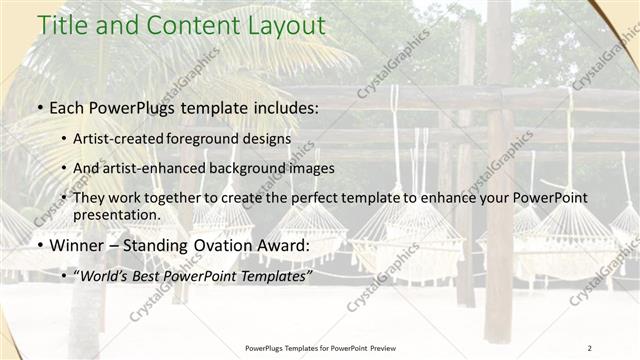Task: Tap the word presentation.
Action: click(x=115, y=214)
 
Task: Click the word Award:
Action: click(x=285, y=245)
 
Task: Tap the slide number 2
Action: click(x=590, y=347)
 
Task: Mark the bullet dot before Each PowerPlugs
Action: click(x=39, y=106)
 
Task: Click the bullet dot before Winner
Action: click(x=39, y=246)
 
